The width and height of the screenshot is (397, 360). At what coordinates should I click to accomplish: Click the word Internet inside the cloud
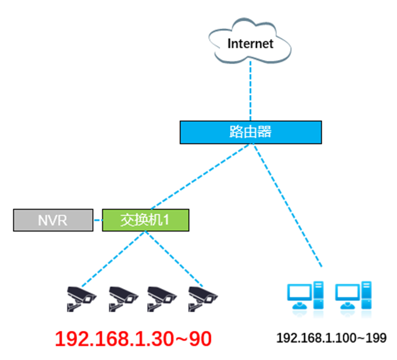[x=250, y=43]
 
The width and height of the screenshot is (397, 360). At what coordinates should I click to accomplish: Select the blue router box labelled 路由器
[x=250, y=132]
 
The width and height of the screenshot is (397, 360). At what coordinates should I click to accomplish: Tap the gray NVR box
[x=53, y=220]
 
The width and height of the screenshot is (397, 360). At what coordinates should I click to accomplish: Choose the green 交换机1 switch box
[x=146, y=220]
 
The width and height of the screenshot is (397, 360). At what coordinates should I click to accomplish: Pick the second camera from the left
[x=121, y=297]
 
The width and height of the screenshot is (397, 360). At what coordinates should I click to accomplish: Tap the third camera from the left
[x=161, y=297]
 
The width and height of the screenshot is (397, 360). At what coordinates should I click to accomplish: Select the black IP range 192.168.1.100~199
[x=331, y=338]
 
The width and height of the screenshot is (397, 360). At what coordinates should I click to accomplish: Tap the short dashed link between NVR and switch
[x=97, y=221]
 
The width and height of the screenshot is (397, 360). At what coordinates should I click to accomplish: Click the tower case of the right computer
[x=366, y=295]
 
